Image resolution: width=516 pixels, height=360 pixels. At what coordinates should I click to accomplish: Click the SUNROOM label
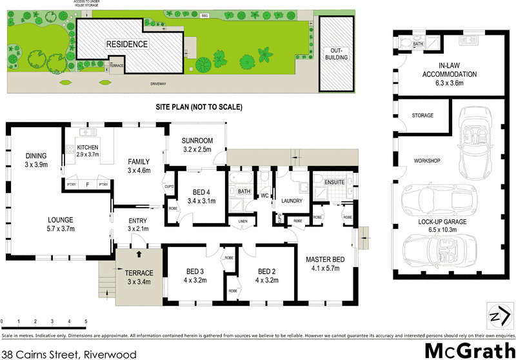click(x=197, y=141)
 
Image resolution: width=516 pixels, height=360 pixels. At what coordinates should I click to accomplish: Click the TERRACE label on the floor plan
click(x=139, y=273)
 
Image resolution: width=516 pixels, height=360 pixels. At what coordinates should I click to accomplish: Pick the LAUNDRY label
click(x=292, y=201)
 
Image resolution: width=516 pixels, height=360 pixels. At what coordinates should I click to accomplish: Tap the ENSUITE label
click(x=335, y=183)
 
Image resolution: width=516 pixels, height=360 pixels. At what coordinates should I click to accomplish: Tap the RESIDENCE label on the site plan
click(x=127, y=45)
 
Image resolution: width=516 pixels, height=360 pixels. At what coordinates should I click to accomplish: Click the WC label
click(x=264, y=195)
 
